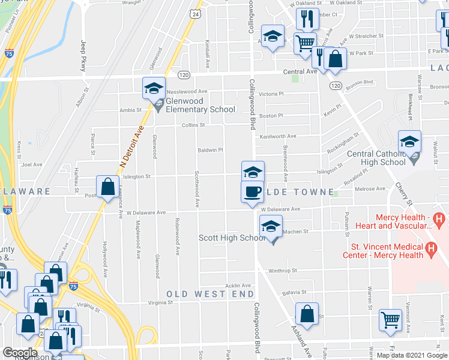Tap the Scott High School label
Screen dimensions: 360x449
point(232,238)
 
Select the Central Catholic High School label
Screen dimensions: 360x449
point(376,157)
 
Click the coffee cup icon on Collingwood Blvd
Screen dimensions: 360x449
point(252,191)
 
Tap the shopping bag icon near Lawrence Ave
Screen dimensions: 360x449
point(108,187)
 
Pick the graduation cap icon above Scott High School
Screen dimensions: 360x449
point(271,226)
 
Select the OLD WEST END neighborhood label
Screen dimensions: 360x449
point(210,294)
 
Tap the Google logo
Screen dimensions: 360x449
point(20,352)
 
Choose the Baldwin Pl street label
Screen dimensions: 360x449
point(211,150)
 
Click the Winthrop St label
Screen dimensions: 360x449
point(283,271)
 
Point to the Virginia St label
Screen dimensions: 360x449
point(161,303)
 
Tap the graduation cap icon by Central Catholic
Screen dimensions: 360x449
point(409,142)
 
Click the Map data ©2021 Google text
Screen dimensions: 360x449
point(412,355)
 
